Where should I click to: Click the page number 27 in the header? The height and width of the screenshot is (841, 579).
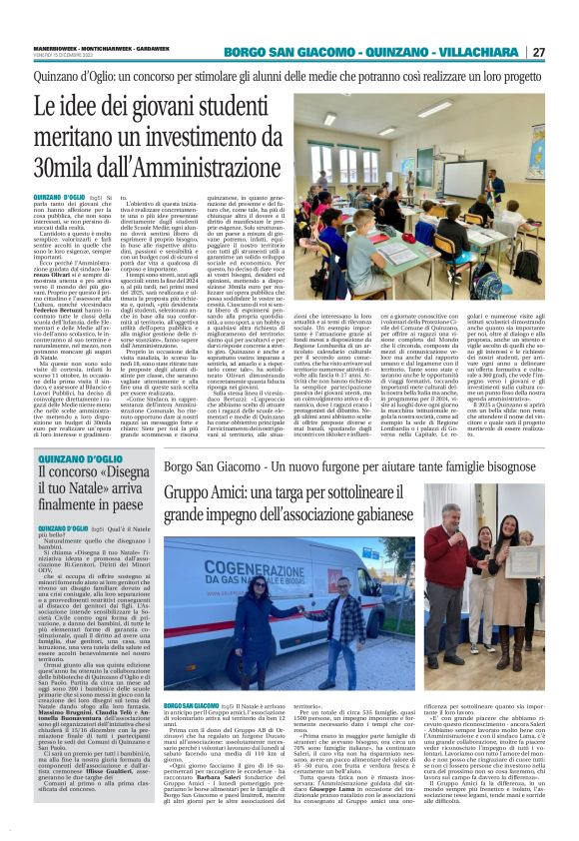pos(565,52)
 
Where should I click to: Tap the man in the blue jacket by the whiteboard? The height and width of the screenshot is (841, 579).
pos(496,186)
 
